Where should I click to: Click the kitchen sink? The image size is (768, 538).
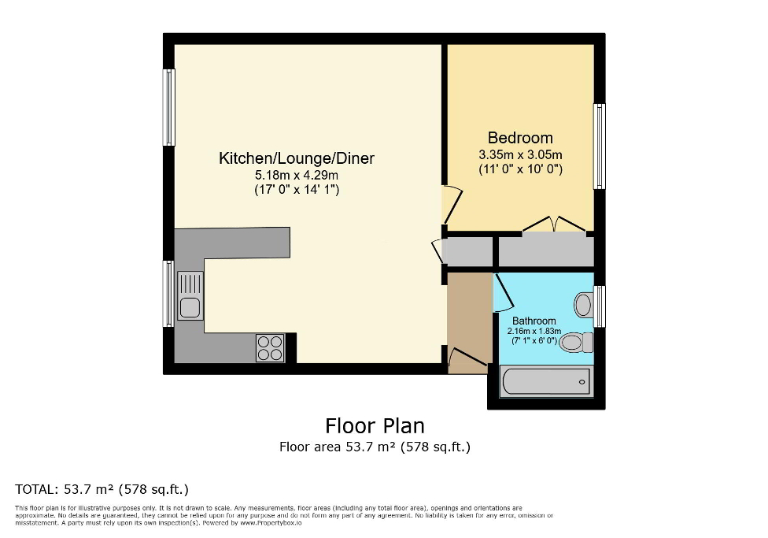click(x=190, y=295)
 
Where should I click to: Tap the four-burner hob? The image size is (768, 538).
click(x=270, y=348)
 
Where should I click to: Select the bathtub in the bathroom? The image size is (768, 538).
click(x=545, y=382)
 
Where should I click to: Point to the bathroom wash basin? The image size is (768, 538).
click(x=584, y=305)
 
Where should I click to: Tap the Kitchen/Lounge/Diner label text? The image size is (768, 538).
click(x=297, y=159)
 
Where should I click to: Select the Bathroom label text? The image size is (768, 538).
click(x=534, y=321)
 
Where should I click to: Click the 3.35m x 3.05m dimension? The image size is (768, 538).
click(x=520, y=154)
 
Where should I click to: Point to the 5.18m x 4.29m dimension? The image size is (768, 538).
click(x=297, y=175)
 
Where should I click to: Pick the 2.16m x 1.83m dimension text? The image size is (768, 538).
click(x=534, y=332)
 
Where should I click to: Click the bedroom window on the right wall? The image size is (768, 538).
click(x=600, y=147)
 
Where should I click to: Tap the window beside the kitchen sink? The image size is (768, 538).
click(x=168, y=294)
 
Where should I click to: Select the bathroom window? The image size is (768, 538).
click(x=600, y=306)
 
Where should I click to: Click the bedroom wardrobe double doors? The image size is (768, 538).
click(x=555, y=226)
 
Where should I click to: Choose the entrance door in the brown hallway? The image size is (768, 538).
click(x=467, y=360)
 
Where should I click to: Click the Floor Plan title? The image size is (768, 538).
click(x=375, y=426)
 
